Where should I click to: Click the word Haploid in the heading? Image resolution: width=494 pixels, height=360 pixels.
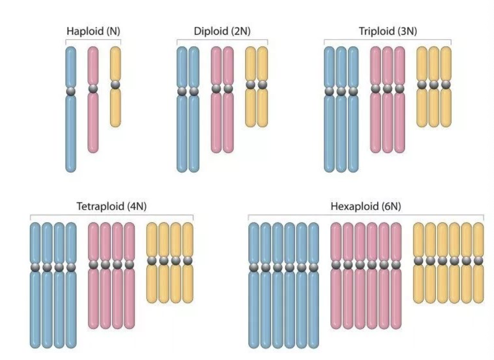click(85, 31)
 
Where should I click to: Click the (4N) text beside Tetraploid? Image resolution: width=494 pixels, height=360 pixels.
click(137, 206)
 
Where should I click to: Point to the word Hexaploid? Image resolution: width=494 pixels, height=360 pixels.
click(354, 206)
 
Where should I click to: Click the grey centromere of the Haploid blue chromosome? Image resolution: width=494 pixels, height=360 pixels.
click(71, 92)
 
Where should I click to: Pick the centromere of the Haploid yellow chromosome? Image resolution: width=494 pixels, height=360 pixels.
click(116, 85)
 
